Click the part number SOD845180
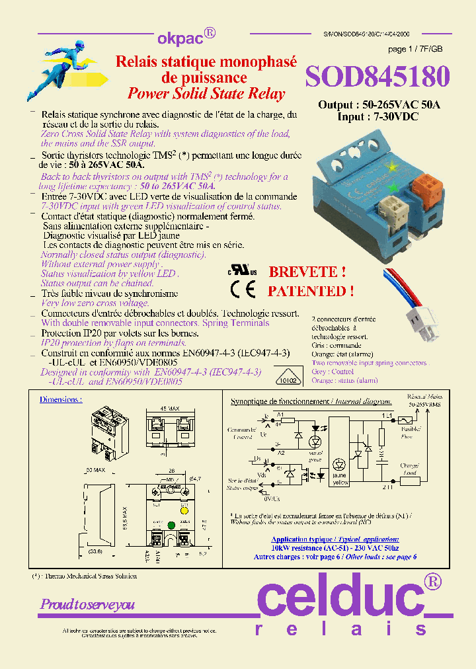(377, 77)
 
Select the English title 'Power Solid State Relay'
(206, 93)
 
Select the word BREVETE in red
(307, 272)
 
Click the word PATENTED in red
(310, 291)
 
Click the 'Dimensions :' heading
(61, 399)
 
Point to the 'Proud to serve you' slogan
(87, 604)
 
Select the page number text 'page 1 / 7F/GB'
(415, 50)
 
